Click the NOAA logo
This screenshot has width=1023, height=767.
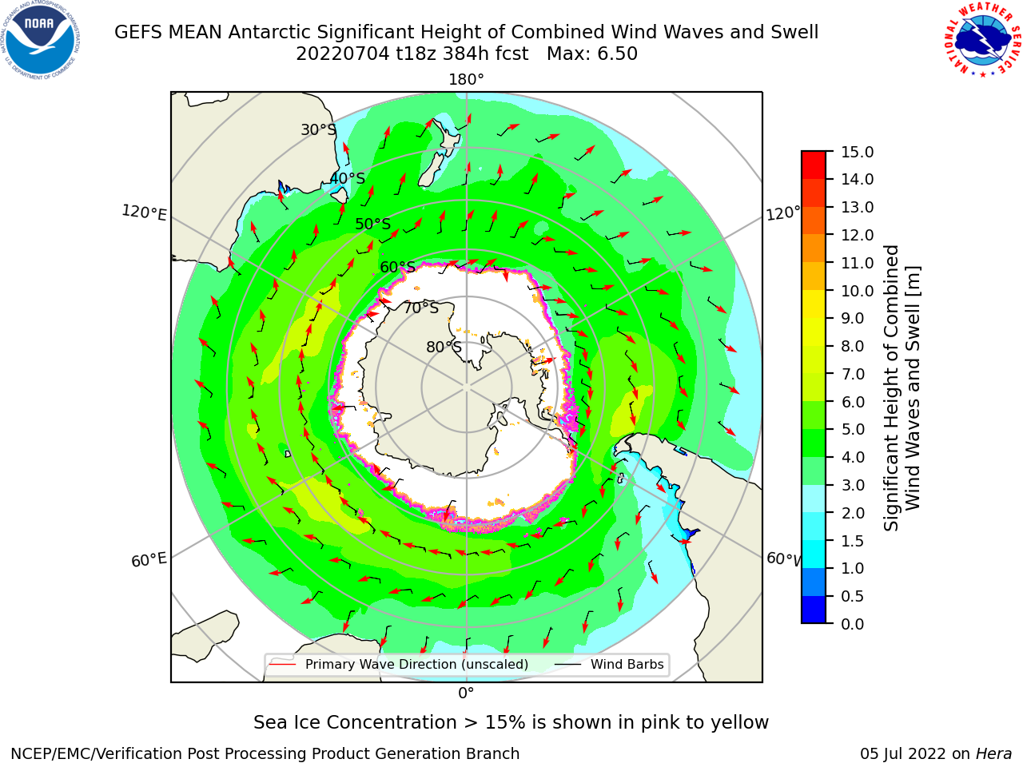tap(41, 40)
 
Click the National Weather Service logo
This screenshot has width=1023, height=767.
tap(982, 39)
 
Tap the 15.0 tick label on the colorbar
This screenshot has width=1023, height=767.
tap(857, 152)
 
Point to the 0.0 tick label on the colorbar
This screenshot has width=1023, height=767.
tap(852, 624)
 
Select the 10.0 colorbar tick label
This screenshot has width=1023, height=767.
tap(857, 291)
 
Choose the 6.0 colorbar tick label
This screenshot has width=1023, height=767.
tap(852, 402)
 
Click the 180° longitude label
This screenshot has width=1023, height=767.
tap(466, 80)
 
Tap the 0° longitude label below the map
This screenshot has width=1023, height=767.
tap(466, 693)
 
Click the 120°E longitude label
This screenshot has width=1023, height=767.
tap(144, 213)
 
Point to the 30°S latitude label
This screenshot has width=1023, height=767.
tap(318, 129)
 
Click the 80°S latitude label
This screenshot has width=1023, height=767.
tap(444, 347)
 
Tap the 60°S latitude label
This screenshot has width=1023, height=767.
tap(397, 268)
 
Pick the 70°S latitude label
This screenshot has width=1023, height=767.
tap(421, 308)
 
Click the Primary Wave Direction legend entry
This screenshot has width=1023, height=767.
tap(399, 665)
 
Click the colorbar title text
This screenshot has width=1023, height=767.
tap(902, 388)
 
